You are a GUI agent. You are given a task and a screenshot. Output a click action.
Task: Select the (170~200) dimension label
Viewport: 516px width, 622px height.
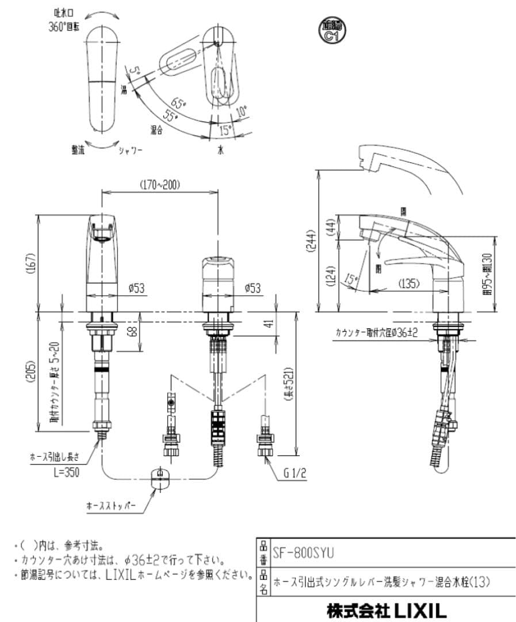(x=159, y=185)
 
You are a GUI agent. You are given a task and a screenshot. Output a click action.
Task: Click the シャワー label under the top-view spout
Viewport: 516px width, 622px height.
(x=130, y=150)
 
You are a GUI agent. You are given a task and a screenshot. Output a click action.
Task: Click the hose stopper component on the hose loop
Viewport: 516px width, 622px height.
(x=159, y=477)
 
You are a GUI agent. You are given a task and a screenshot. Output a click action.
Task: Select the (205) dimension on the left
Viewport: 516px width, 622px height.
(x=32, y=374)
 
